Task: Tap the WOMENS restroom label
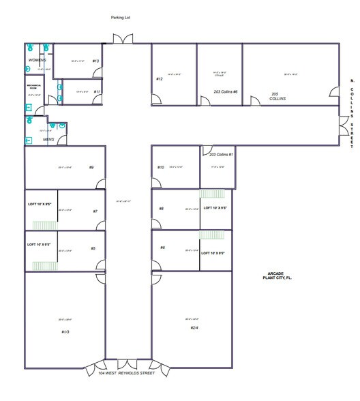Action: (x=37, y=60)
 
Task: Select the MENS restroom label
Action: (x=48, y=139)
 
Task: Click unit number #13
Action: (x=95, y=61)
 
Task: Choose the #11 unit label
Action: (x=97, y=91)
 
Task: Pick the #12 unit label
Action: (x=159, y=79)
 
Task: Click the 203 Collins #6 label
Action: (x=225, y=91)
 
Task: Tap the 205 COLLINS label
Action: (x=277, y=96)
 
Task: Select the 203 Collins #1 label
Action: (x=221, y=155)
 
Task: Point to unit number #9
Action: (x=90, y=167)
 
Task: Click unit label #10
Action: (x=161, y=167)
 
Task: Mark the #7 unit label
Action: (x=95, y=211)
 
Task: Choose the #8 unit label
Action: (x=162, y=209)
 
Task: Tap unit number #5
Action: (x=93, y=248)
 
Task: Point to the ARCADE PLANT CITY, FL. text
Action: (x=279, y=276)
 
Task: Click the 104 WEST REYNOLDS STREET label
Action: (x=126, y=373)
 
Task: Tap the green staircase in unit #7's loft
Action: (x=43, y=225)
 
